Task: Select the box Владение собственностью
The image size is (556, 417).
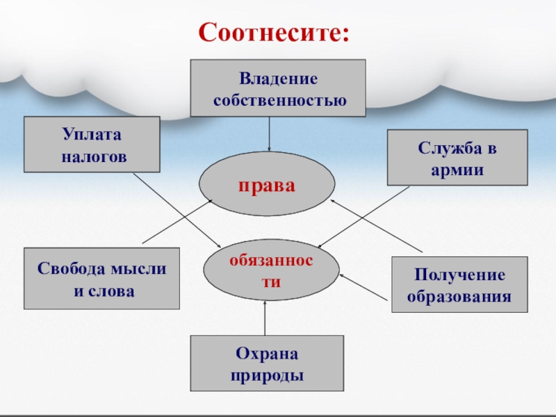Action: [278, 88]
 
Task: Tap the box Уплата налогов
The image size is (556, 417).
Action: [92, 145]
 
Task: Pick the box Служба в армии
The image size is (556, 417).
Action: [457, 158]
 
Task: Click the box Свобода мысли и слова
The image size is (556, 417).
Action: [101, 279]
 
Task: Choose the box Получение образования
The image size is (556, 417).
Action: [459, 284]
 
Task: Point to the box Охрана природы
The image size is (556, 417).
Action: [267, 363]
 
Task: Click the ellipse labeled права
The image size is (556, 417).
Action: [268, 186]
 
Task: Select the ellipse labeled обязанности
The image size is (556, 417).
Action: [272, 270]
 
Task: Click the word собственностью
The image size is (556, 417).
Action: [279, 99]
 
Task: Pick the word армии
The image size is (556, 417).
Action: [457, 169]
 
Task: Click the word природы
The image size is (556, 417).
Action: [267, 375]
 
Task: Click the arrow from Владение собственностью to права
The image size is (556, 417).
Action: [270, 133]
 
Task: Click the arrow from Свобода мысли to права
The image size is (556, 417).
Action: [177, 220]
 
